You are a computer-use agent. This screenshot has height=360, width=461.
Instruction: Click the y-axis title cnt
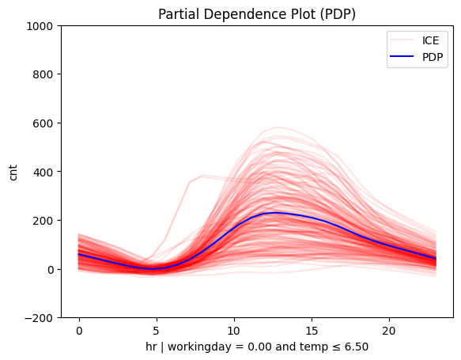tap(13, 172)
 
